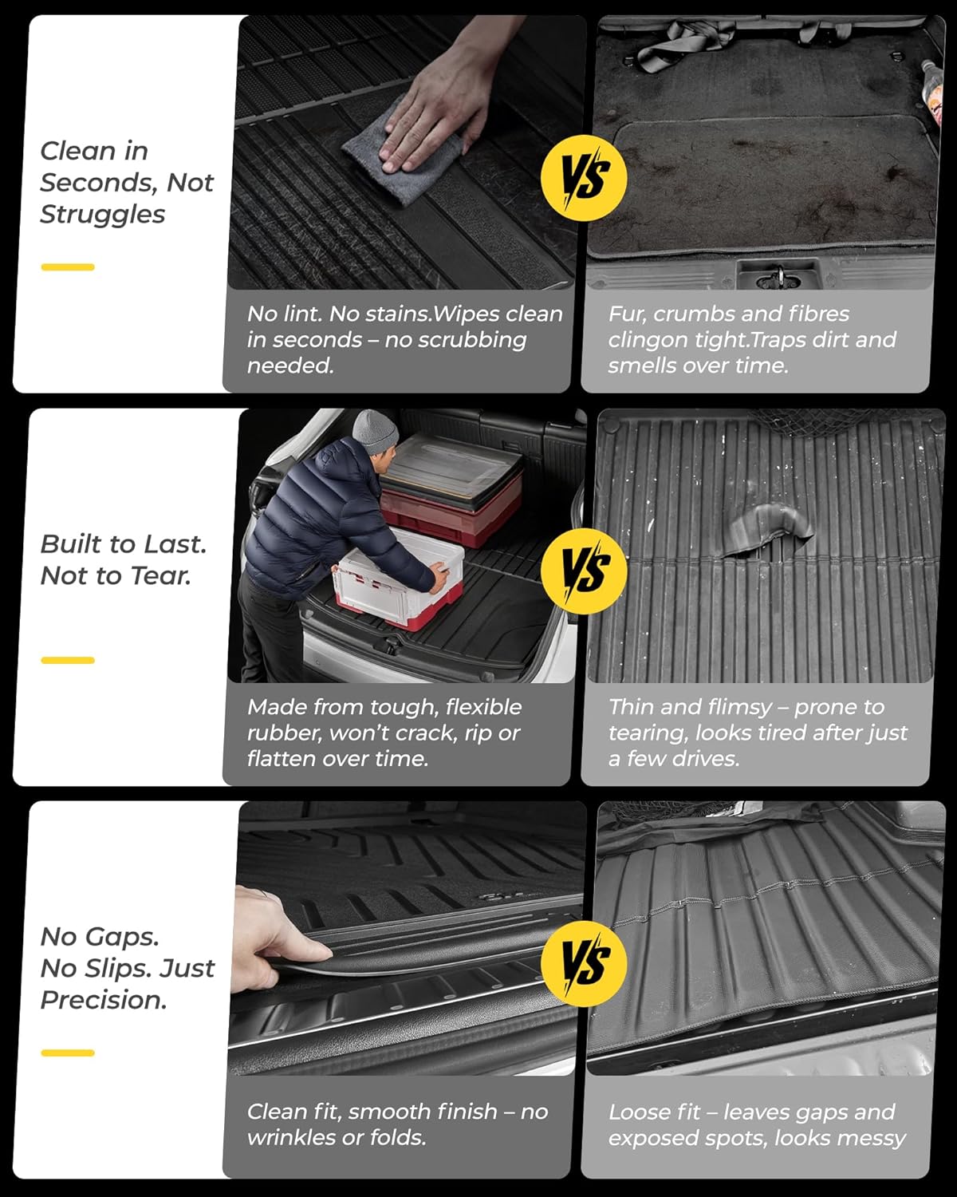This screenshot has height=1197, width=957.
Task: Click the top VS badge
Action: [584, 176]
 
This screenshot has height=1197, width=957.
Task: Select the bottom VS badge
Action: [584, 962]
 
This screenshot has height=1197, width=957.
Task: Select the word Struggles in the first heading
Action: [102, 215]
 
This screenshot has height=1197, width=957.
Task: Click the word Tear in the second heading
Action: [166, 575]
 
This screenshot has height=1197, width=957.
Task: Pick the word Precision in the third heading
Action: [104, 1000]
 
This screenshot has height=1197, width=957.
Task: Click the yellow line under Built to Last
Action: [68, 660]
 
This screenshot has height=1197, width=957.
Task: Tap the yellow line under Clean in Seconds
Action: [68, 267]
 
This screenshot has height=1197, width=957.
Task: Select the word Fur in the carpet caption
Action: [624, 314]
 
